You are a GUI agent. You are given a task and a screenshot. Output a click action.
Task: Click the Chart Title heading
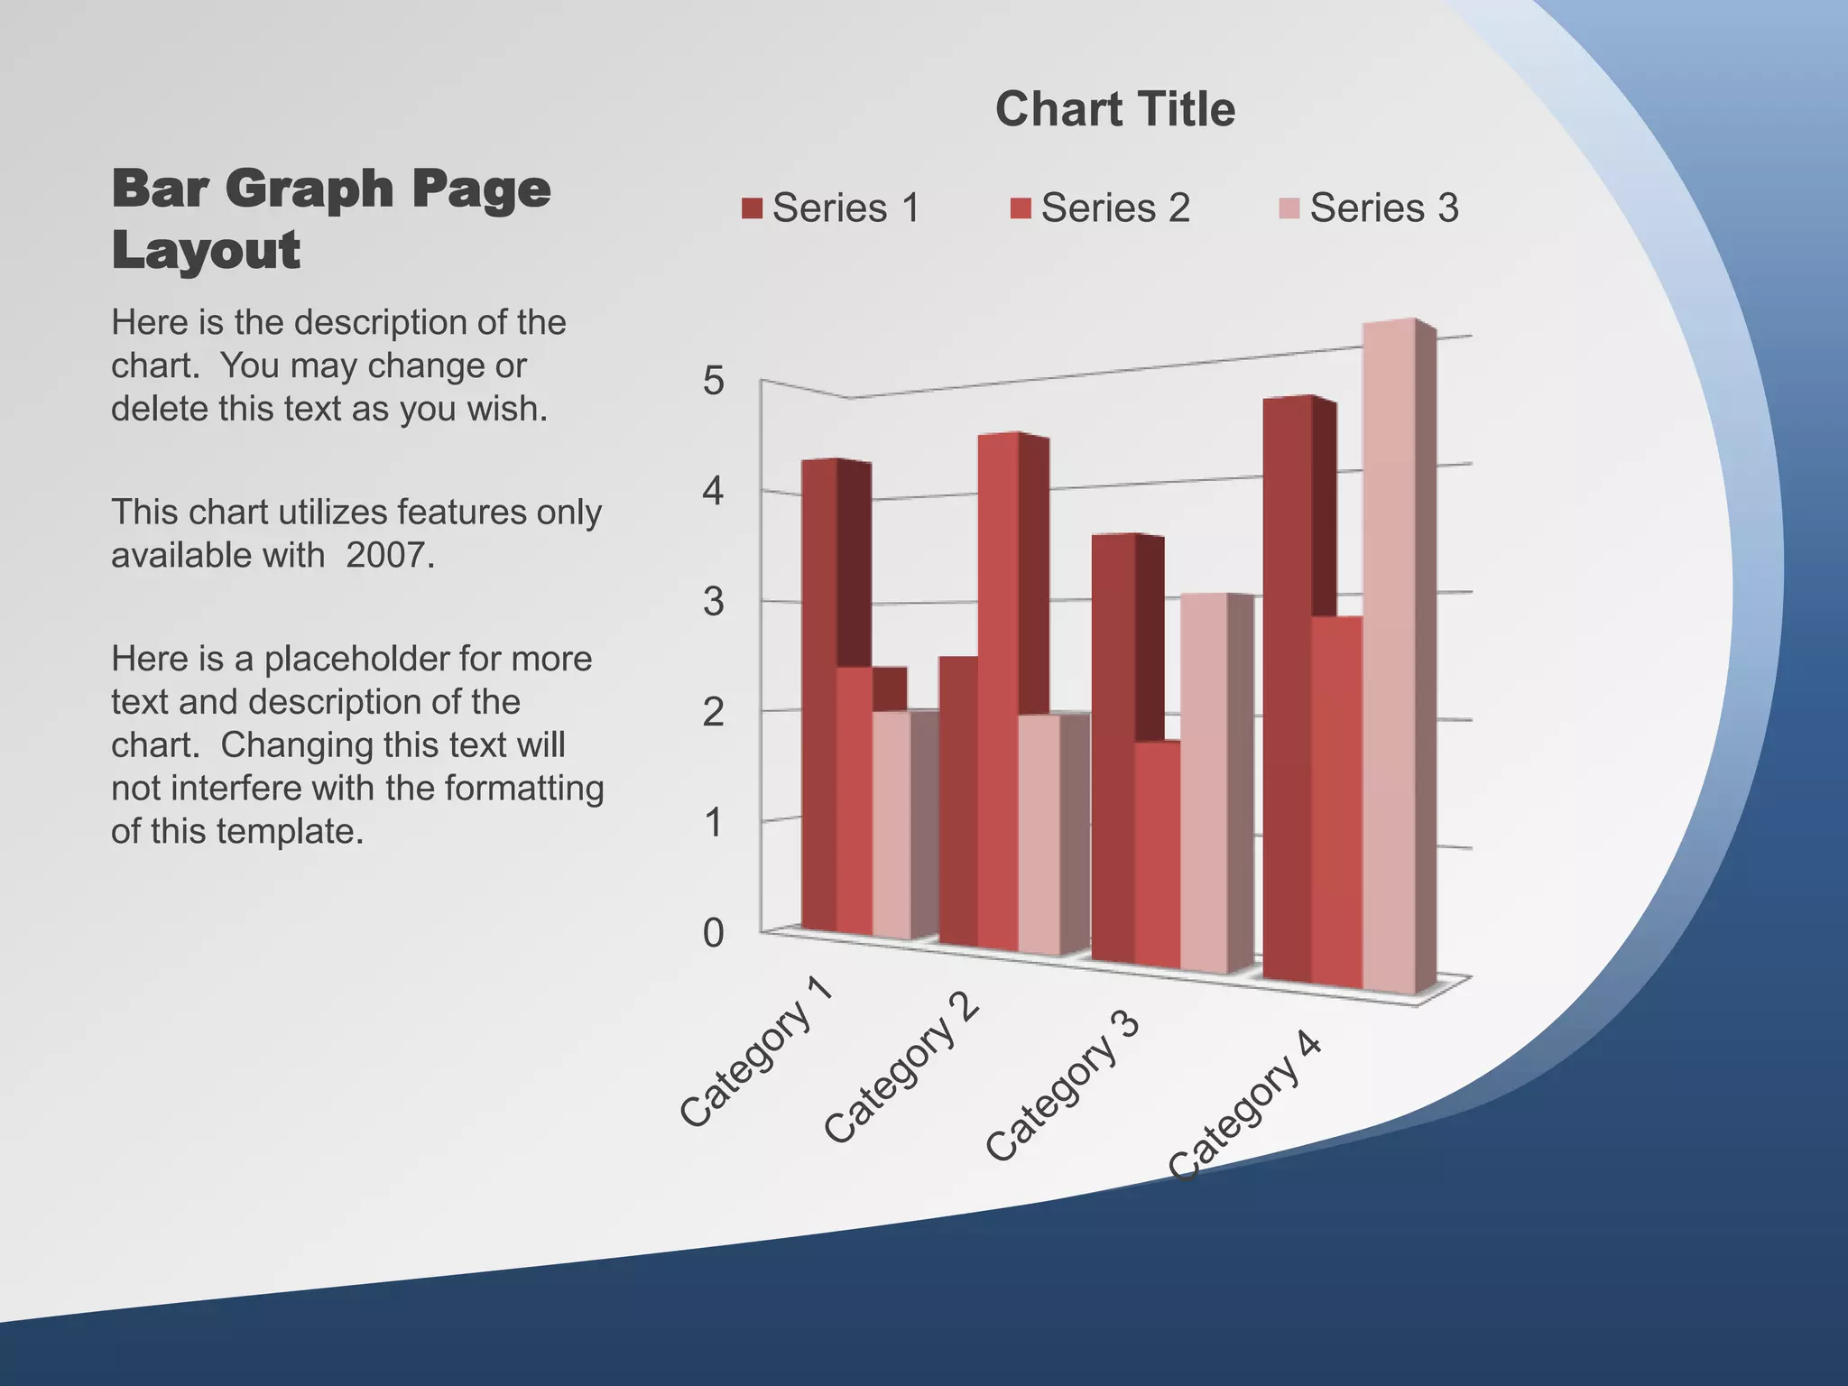[1114, 109]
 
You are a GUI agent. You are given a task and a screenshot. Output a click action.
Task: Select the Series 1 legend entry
[830, 208]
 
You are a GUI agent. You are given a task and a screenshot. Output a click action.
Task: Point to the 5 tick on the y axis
[713, 381]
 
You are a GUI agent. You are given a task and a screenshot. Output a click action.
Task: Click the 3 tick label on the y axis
[713, 602]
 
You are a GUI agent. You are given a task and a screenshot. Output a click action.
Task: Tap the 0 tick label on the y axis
[713, 933]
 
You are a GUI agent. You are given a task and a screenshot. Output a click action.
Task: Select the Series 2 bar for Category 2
[997, 686]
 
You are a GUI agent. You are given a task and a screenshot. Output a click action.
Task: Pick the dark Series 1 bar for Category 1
[818, 686]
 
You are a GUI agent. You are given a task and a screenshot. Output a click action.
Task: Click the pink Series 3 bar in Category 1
[891, 821]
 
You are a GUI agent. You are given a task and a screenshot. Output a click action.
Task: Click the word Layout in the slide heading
[206, 250]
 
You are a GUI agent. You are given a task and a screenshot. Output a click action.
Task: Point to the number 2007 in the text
[390, 555]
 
